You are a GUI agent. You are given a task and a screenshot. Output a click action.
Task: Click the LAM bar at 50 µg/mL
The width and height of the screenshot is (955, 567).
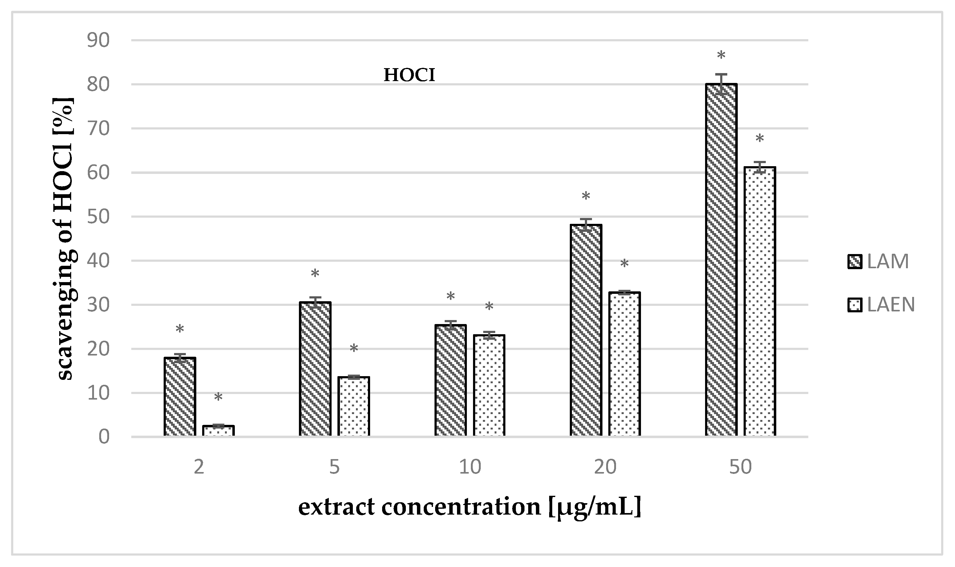coord(721,260)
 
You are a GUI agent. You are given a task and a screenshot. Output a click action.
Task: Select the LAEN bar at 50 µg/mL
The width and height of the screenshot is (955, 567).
coord(760,302)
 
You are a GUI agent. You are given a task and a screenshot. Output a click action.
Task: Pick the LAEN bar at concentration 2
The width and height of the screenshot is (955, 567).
coord(218,431)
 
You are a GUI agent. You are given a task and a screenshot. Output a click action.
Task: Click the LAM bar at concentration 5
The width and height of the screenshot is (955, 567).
coord(315,369)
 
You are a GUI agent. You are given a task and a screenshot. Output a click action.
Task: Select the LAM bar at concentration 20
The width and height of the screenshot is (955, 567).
coord(586,330)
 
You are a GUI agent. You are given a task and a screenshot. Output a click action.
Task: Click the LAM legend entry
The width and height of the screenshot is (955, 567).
coord(878,262)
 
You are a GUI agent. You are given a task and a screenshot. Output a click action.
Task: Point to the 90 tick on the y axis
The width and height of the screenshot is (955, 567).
coord(98,40)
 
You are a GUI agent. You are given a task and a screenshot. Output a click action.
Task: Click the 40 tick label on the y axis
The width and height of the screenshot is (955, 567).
coord(98,261)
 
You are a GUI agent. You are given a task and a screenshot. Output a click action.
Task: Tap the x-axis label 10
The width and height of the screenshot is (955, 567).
coord(470,467)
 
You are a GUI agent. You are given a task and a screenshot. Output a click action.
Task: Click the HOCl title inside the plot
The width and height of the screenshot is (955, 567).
coord(409,75)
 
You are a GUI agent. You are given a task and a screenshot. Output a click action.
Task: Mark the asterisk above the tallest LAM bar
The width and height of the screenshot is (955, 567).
coord(721,55)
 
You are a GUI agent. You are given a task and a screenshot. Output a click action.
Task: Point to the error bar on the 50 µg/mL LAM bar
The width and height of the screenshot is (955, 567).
coord(721,80)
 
